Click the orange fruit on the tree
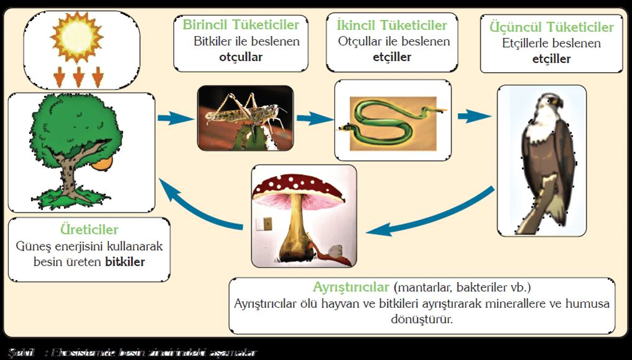click(x=102, y=163)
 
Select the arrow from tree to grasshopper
click(x=175, y=118)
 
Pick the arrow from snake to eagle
click(x=473, y=116)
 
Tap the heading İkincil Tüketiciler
click(x=392, y=25)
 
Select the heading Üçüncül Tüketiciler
click(x=551, y=27)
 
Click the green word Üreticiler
click(x=90, y=231)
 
